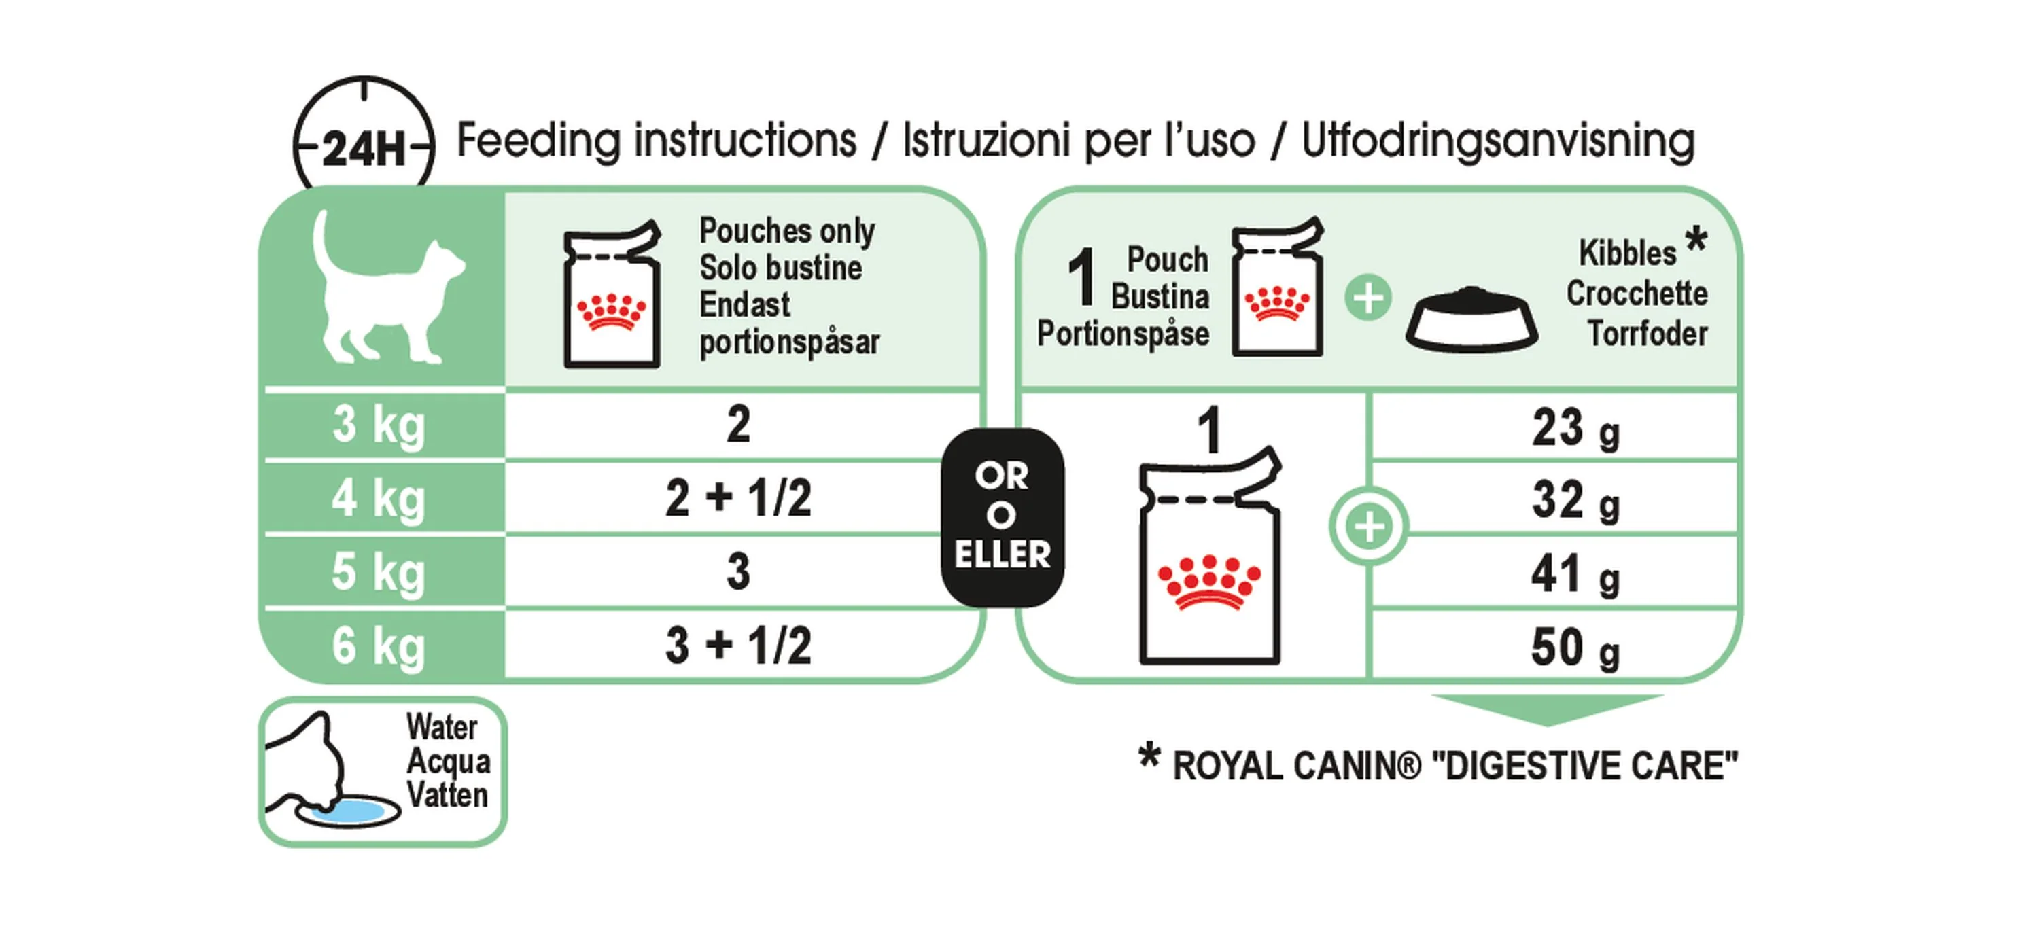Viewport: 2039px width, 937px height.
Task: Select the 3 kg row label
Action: click(379, 426)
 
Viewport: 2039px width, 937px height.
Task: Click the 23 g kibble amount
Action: click(1575, 429)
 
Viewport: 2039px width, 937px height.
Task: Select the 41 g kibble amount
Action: click(1575, 576)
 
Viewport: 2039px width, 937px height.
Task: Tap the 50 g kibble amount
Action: click(1575, 648)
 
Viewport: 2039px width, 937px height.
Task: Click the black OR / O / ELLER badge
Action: click(1002, 518)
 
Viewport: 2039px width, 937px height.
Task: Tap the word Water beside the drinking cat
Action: click(442, 726)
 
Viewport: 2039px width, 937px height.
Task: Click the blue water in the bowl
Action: click(348, 809)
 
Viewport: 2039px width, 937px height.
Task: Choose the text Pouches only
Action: click(787, 230)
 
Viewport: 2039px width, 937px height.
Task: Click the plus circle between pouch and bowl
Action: click(1367, 298)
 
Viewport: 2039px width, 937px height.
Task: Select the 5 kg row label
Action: click(379, 572)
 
